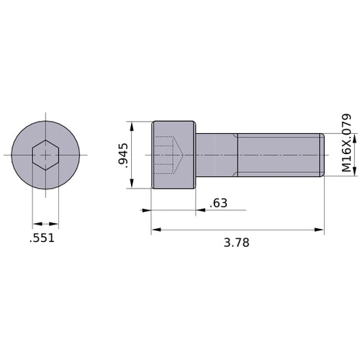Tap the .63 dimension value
[x=218, y=204]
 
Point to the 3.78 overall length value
[x=236, y=243]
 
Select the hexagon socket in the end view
[x=45, y=155]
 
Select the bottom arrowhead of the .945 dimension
[x=132, y=184]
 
